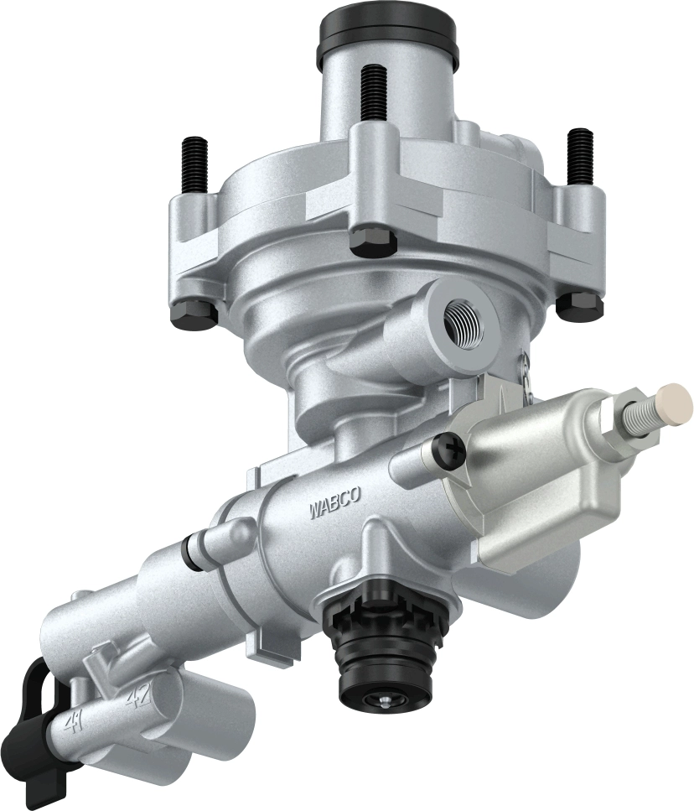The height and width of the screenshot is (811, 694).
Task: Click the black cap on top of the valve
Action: (388, 38)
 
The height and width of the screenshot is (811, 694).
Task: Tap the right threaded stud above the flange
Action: (579, 155)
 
